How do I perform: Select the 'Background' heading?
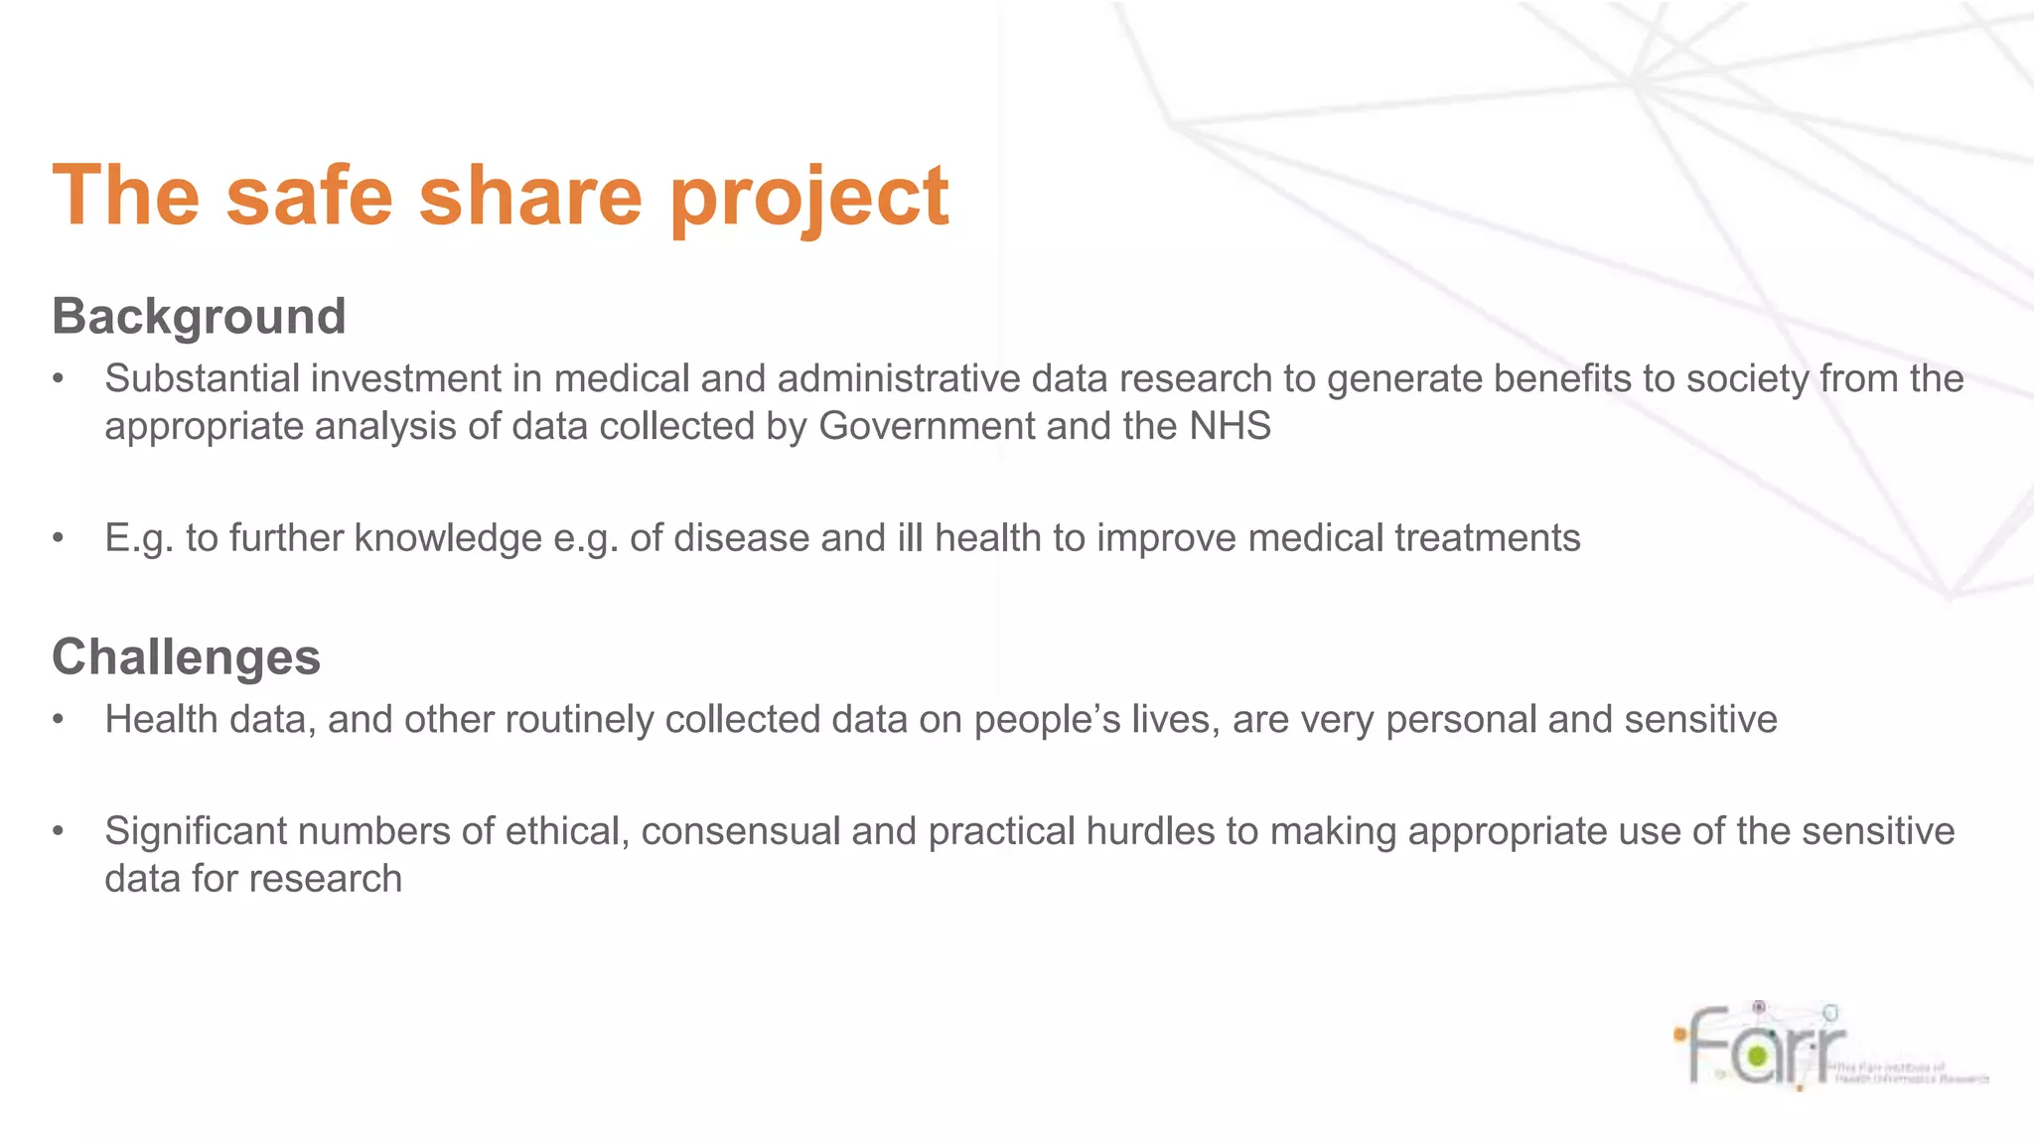(x=199, y=317)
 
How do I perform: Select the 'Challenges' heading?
(x=186, y=657)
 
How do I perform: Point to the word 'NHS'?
(x=1230, y=426)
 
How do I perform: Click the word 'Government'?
(x=927, y=426)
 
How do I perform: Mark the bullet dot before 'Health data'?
(x=59, y=720)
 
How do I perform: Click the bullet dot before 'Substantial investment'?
(x=59, y=379)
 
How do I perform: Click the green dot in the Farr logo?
(x=1757, y=1055)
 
